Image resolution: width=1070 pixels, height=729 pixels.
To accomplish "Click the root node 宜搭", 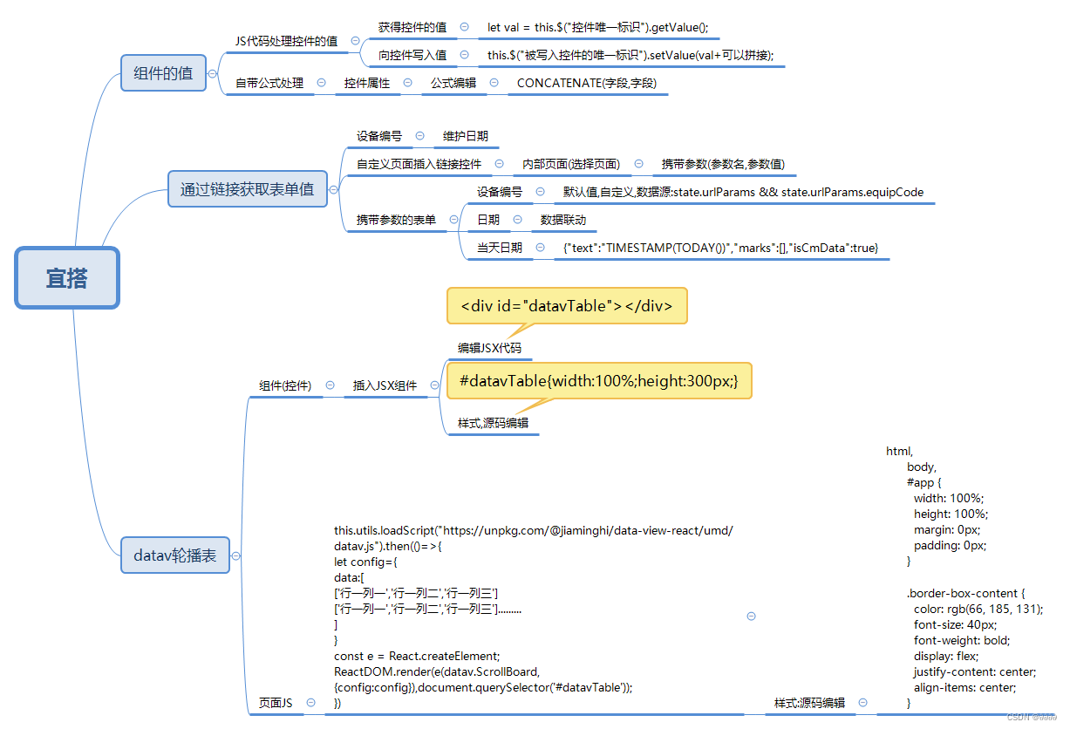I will (x=67, y=278).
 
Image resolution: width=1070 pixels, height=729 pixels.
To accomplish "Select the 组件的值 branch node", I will (x=163, y=73).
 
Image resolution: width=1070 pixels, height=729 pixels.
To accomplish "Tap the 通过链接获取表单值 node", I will (x=247, y=188).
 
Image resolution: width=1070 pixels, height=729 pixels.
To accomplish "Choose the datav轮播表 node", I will (x=175, y=555).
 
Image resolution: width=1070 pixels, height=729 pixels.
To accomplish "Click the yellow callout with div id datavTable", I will (x=567, y=306).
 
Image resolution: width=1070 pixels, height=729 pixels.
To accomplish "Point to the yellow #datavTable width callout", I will (x=598, y=381).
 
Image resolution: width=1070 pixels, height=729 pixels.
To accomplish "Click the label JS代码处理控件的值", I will (x=286, y=41).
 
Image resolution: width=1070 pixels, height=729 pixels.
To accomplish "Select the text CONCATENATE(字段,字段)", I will (x=586, y=83).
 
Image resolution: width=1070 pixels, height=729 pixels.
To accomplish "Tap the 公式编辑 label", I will (x=453, y=83).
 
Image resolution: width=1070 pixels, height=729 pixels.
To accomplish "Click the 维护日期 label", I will (x=465, y=136).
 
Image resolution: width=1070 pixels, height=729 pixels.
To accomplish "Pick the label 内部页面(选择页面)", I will (x=571, y=164).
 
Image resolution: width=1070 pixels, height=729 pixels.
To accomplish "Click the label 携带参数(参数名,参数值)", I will (x=723, y=164).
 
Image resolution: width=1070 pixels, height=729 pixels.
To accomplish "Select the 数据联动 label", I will (x=563, y=220).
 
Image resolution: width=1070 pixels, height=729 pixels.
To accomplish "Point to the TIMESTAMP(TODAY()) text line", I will (x=720, y=248).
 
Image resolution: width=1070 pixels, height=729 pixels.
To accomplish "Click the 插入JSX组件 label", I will (x=385, y=385).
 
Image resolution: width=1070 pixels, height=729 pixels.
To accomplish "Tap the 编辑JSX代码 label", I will (x=489, y=348).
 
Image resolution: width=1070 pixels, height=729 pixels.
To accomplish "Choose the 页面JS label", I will (x=276, y=703).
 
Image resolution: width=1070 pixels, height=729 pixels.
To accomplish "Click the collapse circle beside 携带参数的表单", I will (x=453, y=220).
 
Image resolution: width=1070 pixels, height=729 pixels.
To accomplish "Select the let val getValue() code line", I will (x=597, y=28).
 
